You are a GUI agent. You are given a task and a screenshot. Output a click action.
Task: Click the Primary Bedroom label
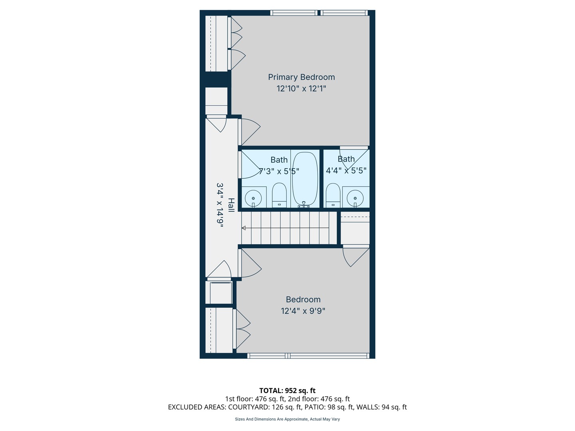click(x=301, y=77)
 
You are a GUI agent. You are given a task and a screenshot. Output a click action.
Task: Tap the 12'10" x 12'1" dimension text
click(x=301, y=89)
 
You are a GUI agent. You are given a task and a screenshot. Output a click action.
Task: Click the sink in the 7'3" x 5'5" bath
click(x=253, y=197)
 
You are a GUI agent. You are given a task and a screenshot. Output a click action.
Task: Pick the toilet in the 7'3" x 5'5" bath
click(x=279, y=195)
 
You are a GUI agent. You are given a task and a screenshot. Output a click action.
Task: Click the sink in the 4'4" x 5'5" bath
click(x=355, y=197)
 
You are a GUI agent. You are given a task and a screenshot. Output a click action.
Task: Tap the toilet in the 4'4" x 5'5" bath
click(x=333, y=195)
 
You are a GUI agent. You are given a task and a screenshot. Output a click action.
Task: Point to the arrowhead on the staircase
click(x=244, y=228)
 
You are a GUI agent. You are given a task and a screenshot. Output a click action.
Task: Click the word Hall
click(x=231, y=205)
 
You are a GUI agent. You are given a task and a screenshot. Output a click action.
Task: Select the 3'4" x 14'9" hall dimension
click(x=220, y=205)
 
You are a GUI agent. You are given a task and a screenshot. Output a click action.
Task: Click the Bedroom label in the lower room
click(x=303, y=299)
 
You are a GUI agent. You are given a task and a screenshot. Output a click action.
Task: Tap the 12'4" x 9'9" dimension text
click(x=303, y=311)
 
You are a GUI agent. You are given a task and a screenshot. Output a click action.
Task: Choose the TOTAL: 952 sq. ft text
click(x=287, y=391)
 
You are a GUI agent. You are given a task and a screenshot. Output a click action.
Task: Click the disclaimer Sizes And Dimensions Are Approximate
click(x=287, y=419)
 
